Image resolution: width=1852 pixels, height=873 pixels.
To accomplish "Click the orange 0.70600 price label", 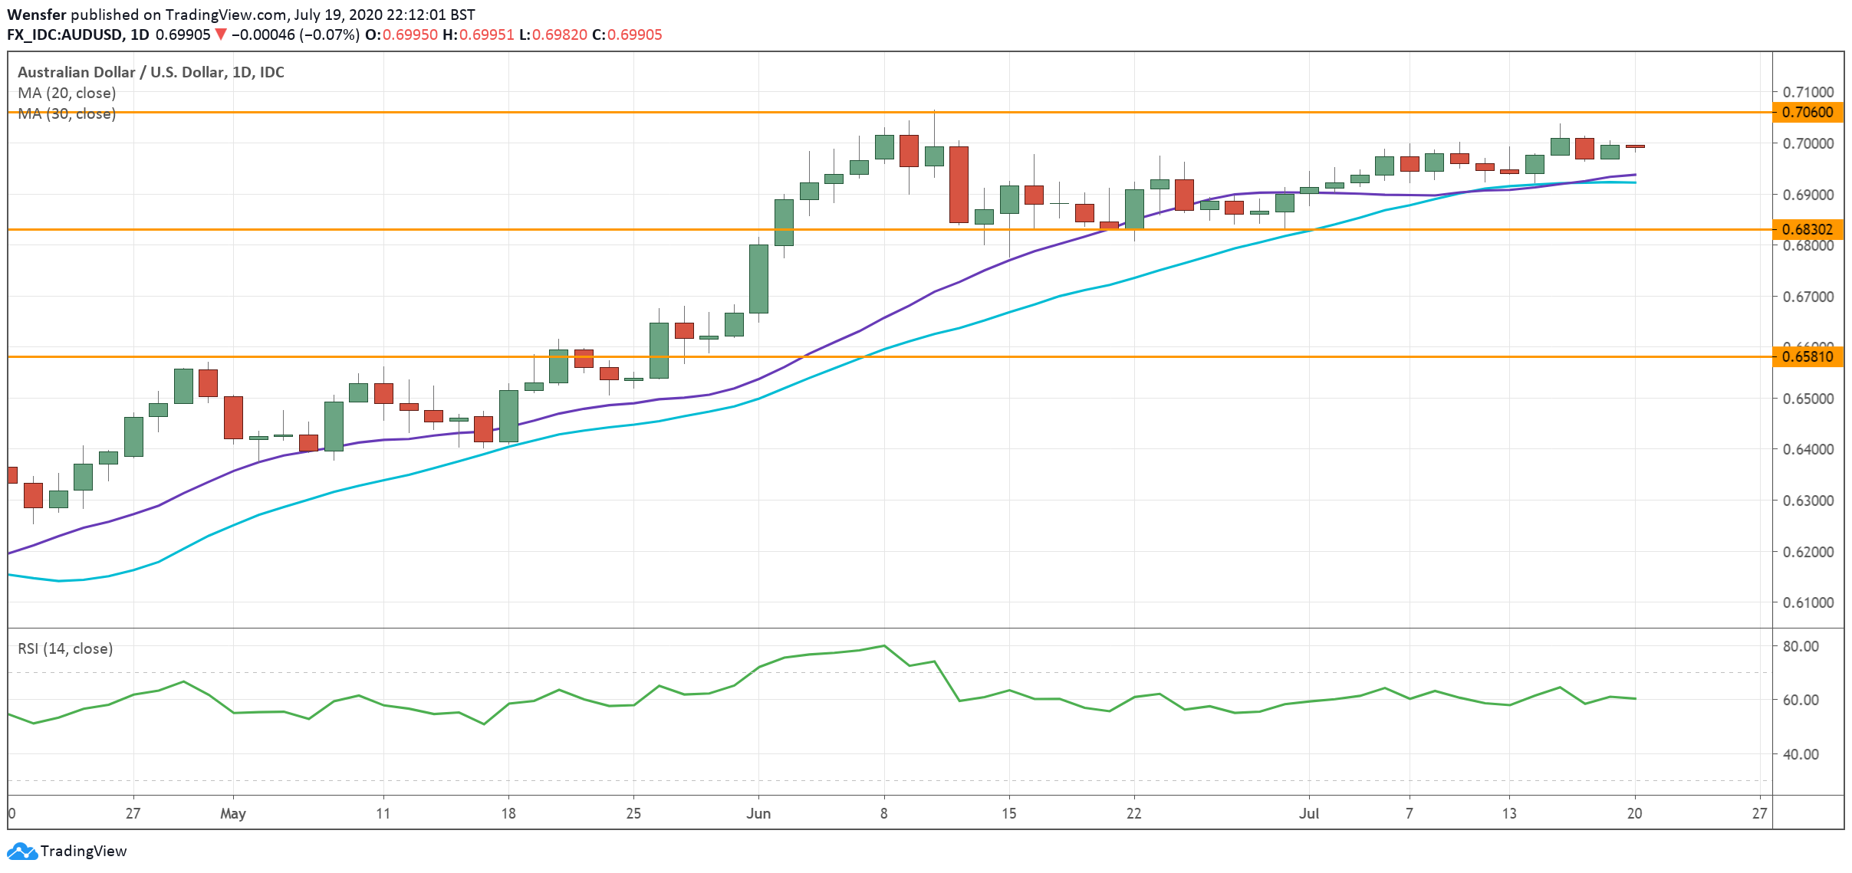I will pos(1808,113).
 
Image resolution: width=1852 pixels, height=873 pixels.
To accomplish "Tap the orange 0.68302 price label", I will pos(1808,229).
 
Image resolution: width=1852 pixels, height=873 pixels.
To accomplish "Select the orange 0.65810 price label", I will pos(1808,356).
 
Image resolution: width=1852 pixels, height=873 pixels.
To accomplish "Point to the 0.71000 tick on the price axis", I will pos(1808,92).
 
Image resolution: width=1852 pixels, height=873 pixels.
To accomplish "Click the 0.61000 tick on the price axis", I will pos(1808,602).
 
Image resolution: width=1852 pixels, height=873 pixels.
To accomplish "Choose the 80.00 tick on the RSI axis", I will pos(1800,646).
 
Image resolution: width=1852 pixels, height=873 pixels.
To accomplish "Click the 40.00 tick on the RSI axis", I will pos(1800,754).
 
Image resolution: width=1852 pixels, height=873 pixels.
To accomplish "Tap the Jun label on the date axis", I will pos(758,813).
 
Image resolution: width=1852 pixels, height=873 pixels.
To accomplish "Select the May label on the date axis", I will pos(232,813).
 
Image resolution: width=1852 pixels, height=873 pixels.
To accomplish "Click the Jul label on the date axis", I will pos(1308,813).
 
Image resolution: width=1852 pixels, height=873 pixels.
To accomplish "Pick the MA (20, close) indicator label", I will pos(67,93).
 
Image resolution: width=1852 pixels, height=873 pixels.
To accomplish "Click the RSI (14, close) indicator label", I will pos(65,648).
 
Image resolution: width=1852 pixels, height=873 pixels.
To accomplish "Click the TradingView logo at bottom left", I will pos(67,851).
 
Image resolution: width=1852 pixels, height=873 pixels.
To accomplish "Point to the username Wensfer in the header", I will pos(36,15).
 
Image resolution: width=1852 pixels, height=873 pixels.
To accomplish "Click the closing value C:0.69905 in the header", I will pos(627,34).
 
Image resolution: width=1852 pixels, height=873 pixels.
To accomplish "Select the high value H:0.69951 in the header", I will pos(478,34).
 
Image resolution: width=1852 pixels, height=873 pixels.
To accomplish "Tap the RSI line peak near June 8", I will pos(884,645).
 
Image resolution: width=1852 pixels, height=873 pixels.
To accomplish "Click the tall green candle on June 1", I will pos(758,278).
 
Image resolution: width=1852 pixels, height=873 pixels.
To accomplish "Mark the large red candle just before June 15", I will pos(959,185).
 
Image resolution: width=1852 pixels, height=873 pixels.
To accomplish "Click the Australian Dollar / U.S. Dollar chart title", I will pos(150,72).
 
